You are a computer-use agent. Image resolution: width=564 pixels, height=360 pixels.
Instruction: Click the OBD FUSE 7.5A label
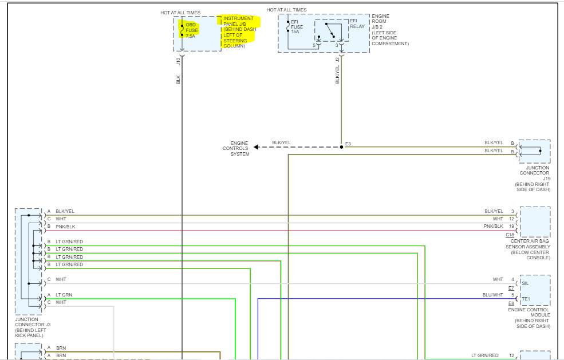191,30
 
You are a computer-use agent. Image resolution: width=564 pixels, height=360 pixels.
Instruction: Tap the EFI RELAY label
357,24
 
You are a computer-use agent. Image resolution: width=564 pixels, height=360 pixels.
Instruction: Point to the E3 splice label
348,144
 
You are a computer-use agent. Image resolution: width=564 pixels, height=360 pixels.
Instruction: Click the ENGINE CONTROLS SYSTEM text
236,148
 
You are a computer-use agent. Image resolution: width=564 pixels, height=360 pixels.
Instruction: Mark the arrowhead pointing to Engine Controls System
257,147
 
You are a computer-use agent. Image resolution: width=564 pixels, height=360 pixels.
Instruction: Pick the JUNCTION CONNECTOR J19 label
534,173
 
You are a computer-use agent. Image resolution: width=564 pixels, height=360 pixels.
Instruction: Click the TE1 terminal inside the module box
526,299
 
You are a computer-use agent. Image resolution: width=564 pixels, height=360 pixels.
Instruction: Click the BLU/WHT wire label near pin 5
493,295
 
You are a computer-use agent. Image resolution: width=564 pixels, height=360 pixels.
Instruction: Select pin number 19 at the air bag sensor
511,227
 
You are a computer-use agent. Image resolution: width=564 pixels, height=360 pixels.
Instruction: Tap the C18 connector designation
510,235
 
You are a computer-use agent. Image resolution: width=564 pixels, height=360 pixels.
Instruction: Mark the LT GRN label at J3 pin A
64,295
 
